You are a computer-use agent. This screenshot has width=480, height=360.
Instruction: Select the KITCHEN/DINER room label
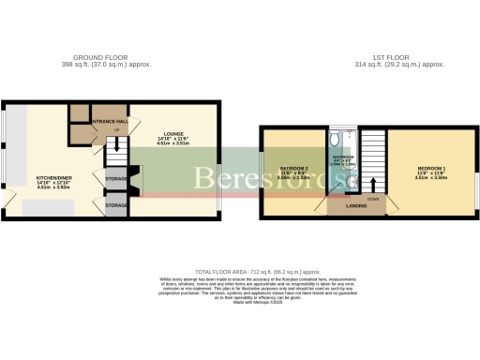point(53,176)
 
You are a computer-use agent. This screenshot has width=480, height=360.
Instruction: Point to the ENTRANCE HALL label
point(109,122)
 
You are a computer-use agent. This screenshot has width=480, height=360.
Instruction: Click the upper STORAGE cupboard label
point(116,178)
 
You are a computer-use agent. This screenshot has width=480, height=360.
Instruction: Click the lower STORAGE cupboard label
point(116,204)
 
